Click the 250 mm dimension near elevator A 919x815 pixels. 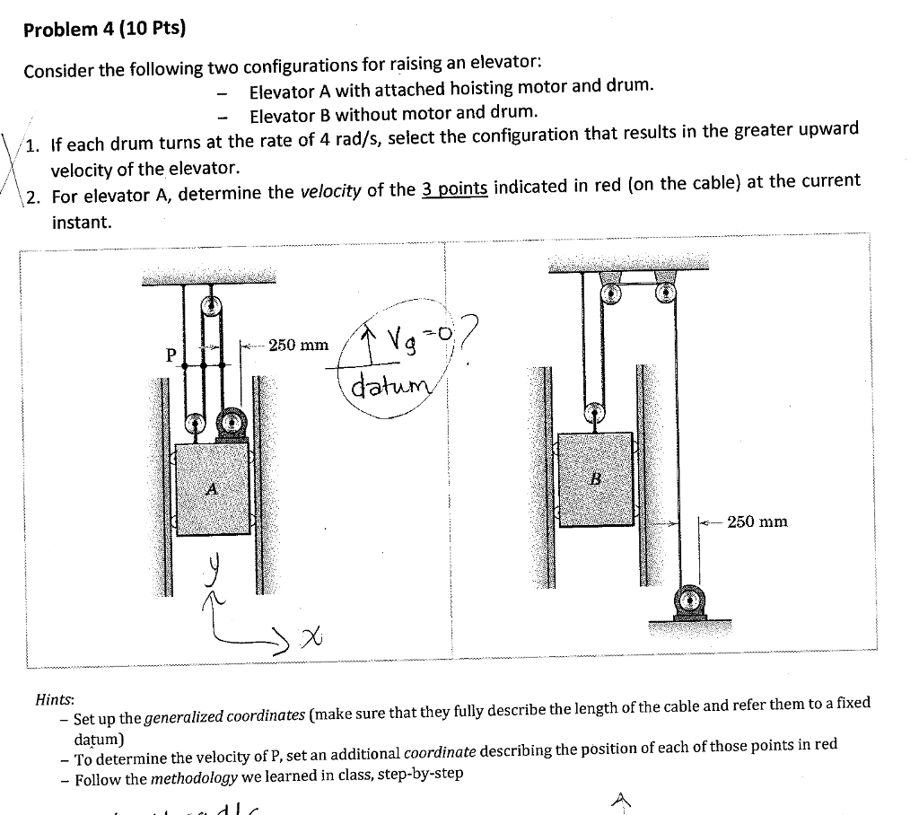299,345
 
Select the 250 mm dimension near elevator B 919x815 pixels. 757,521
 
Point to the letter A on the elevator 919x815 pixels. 212,489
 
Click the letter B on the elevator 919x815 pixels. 594,478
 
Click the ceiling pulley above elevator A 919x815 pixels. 212,306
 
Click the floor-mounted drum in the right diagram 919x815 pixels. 689,599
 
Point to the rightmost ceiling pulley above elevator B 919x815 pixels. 665,292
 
